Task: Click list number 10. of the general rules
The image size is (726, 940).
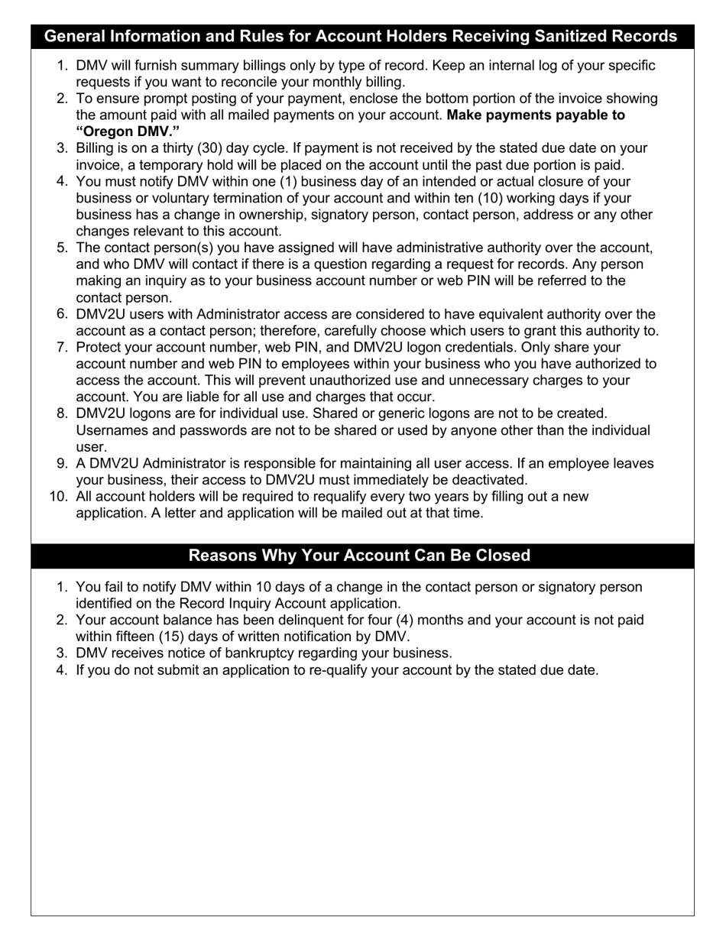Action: [x=59, y=497]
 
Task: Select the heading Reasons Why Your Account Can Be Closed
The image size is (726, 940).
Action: [x=359, y=556]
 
